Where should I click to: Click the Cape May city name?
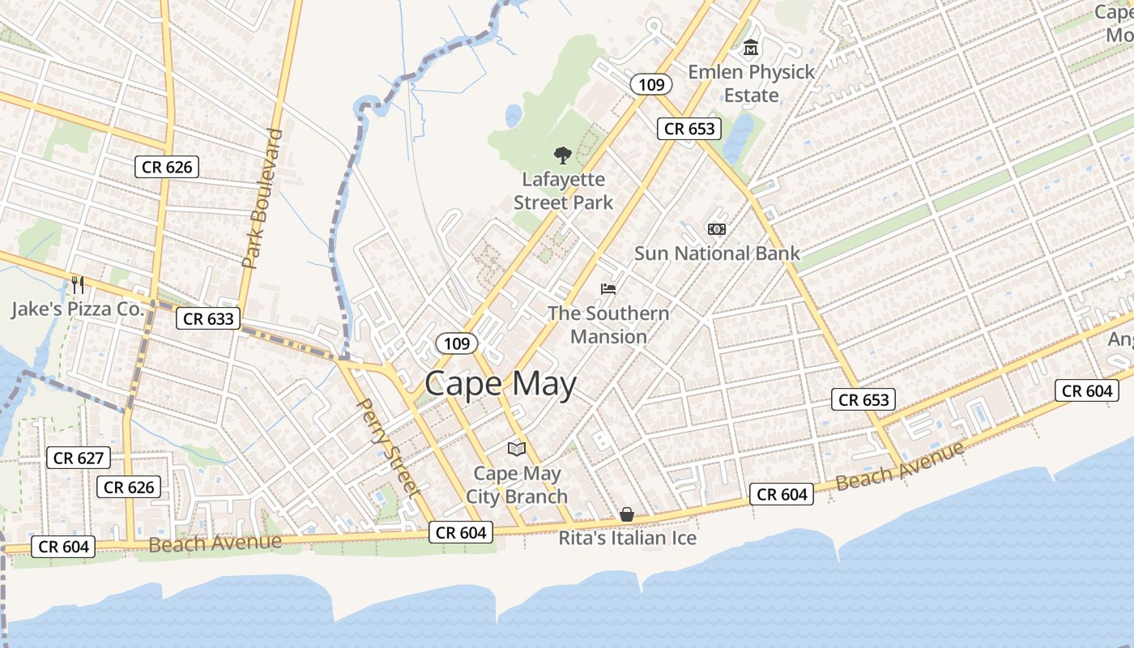click(x=500, y=383)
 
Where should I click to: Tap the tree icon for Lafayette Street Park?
click(x=562, y=155)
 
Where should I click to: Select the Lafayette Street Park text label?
click(x=564, y=191)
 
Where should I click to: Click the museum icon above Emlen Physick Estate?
click(x=751, y=49)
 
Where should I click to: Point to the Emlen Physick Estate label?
click(x=751, y=83)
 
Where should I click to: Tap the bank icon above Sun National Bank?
click(x=717, y=229)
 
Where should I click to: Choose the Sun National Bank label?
click(x=717, y=254)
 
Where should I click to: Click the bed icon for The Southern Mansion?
click(x=608, y=288)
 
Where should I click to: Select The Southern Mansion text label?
click(x=608, y=325)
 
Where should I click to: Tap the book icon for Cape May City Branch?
click(x=516, y=449)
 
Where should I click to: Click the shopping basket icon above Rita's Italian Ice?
click(x=627, y=514)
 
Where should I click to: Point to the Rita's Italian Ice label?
click(x=628, y=538)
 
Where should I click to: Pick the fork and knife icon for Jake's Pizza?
click(x=78, y=284)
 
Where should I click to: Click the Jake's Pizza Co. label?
click(x=77, y=309)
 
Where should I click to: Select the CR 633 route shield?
click(x=209, y=318)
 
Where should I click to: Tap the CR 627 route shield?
click(x=79, y=458)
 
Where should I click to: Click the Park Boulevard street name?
click(x=262, y=198)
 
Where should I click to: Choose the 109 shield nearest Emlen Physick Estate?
click(x=651, y=83)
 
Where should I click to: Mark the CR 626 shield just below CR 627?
click(x=129, y=487)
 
